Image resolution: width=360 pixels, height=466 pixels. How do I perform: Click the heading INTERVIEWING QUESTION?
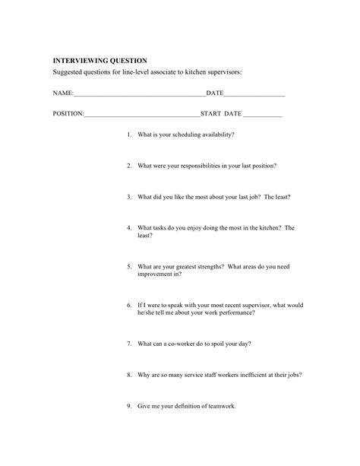click(x=99, y=60)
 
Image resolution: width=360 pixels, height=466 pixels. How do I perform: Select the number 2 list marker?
click(x=129, y=165)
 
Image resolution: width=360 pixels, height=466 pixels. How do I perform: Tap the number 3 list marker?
click(x=129, y=196)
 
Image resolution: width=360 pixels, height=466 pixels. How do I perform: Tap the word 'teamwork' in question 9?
click(x=220, y=406)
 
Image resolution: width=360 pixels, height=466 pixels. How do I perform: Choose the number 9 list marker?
click(x=129, y=406)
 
